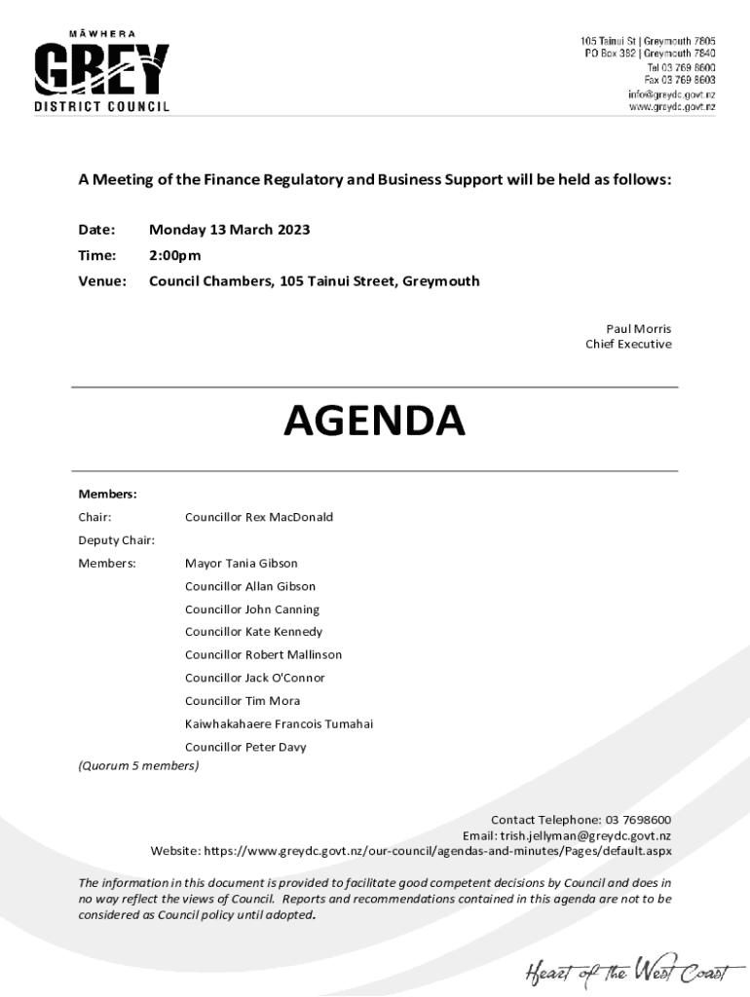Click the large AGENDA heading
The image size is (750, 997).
pos(374,421)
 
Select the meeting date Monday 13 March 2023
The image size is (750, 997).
pos(229,231)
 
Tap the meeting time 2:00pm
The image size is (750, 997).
pos(174,256)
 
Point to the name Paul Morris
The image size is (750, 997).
pos(638,329)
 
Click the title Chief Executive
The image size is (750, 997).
pos(628,345)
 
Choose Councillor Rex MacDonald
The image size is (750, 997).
pos(258,517)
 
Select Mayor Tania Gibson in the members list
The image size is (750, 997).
pos(241,564)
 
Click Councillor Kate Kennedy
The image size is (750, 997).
pos(253,632)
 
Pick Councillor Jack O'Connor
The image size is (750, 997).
pos(254,678)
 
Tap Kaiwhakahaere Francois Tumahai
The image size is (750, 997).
pos(279,724)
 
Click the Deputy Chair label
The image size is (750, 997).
pos(117,540)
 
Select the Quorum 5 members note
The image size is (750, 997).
pos(138,766)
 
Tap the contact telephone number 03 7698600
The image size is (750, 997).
pos(638,820)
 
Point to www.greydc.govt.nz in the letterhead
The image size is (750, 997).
pos(671,107)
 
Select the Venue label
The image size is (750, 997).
pos(102,281)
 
